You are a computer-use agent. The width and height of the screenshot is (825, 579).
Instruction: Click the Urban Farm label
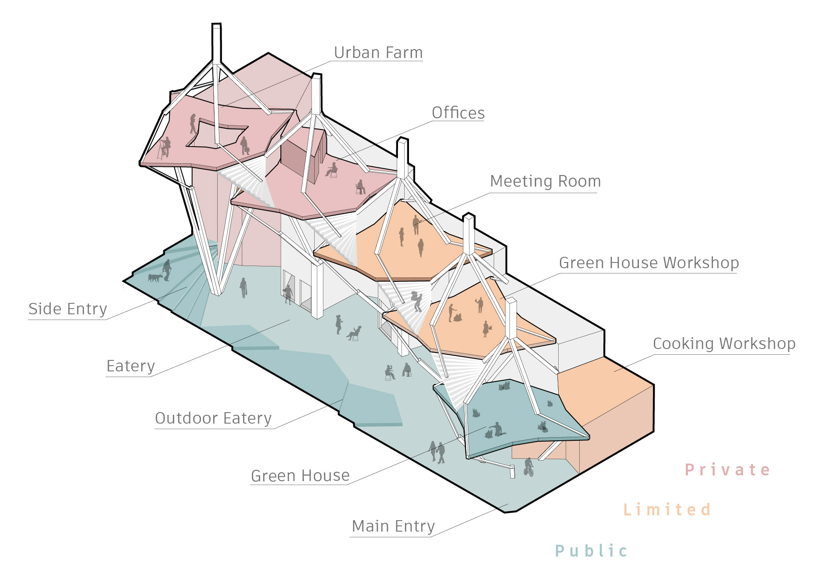tap(378, 53)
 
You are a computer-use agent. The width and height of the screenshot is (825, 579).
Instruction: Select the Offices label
tap(458, 113)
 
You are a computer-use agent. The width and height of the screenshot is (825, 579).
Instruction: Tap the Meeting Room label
tap(545, 181)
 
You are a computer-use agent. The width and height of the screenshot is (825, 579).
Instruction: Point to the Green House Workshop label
tap(649, 263)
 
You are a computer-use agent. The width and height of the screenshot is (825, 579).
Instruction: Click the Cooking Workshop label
tap(724, 344)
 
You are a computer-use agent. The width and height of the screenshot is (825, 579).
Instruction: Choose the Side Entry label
tap(68, 309)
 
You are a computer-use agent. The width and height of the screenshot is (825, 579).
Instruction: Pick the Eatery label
tap(131, 366)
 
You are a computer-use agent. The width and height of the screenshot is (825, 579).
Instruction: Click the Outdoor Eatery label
tap(213, 418)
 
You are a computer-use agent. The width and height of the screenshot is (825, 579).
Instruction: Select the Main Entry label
tap(393, 526)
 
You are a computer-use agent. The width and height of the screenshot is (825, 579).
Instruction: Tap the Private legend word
tap(727, 470)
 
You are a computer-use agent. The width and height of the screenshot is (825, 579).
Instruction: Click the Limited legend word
tap(667, 510)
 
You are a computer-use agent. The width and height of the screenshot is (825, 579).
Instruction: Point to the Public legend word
tap(591, 551)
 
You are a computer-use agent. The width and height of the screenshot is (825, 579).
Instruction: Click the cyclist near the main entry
tap(529, 467)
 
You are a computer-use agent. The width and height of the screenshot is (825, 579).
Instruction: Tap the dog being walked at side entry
tap(154, 278)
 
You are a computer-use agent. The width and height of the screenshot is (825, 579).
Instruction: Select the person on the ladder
tap(165, 147)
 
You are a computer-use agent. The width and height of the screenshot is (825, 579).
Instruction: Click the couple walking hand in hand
tap(437, 452)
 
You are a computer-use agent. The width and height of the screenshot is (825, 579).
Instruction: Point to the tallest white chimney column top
tap(216, 26)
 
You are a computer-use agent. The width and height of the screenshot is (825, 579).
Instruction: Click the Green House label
tap(300, 476)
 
